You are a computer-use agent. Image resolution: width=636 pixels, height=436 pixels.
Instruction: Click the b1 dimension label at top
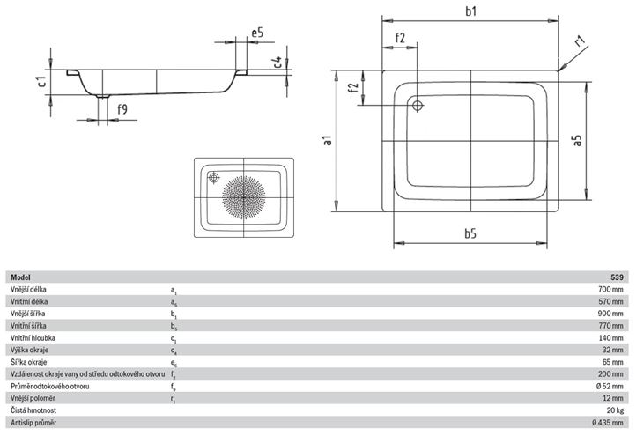coord(470,11)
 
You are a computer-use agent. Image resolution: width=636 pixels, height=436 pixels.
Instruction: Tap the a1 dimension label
coord(329,140)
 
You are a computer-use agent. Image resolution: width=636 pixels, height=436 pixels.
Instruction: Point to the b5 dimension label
coord(470,233)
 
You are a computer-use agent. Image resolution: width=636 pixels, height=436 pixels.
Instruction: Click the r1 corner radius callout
coord(580,41)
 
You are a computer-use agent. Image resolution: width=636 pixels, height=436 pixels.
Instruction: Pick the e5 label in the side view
coord(257,33)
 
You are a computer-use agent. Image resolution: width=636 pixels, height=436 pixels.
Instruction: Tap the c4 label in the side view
coord(277,62)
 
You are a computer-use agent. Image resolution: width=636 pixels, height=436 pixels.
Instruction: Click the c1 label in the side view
coord(41,82)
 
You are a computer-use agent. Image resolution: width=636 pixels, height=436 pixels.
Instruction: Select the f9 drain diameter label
coord(122,109)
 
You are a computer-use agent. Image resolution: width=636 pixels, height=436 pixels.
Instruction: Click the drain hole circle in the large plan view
coord(418,106)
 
